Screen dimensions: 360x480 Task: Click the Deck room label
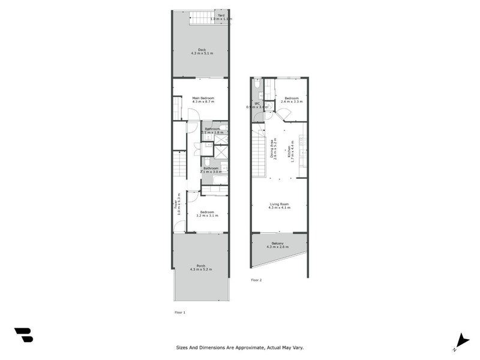tap(202, 50)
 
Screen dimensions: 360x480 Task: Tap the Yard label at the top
tap(221, 15)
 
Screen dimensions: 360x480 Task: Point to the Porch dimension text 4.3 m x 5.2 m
tap(201, 269)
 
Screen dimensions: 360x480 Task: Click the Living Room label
tap(280, 204)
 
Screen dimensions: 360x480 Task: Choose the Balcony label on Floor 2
tap(280, 243)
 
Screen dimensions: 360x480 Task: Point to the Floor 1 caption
tap(180, 313)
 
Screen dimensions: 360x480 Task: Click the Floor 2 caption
tap(256, 280)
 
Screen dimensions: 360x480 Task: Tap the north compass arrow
tap(461, 340)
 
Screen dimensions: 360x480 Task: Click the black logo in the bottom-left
tap(23, 335)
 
